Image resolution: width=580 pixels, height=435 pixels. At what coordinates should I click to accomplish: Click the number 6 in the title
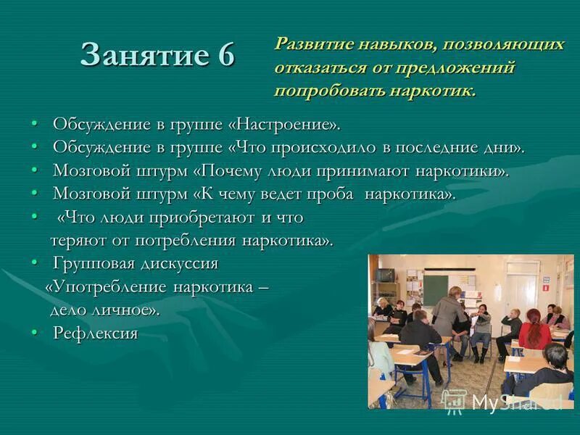[223, 55]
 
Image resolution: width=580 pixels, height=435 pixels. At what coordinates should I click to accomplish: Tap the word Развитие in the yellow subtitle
[310, 44]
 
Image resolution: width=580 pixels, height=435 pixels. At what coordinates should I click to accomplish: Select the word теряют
[76, 240]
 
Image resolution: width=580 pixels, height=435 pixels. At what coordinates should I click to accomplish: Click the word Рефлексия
[95, 333]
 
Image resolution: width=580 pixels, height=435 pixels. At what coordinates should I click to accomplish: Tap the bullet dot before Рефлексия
[34, 333]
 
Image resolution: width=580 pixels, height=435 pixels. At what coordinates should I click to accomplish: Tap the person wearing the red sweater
[534, 331]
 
